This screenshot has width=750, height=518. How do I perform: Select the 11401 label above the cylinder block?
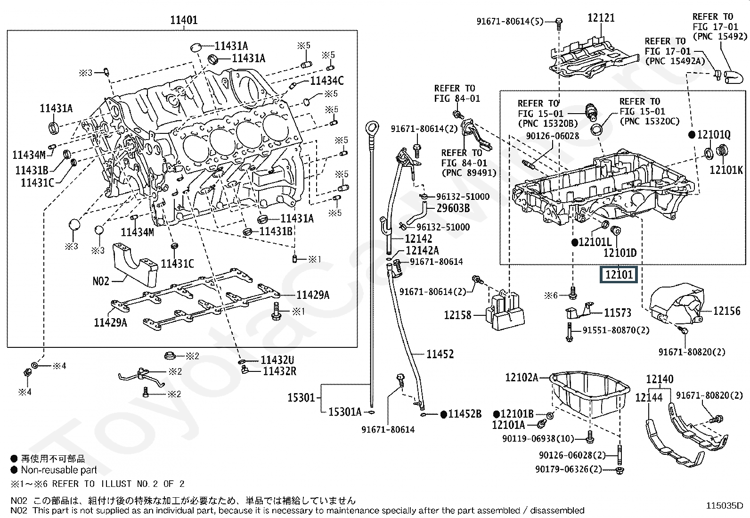pos(184,20)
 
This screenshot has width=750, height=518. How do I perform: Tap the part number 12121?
pos(601,18)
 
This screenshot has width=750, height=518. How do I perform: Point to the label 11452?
pos(440,354)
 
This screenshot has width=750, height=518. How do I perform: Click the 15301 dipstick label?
pos(301,398)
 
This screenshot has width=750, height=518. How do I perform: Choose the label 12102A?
pos(521,377)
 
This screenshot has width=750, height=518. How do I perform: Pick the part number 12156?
pos(726,311)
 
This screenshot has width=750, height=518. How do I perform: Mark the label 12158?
pos(457,315)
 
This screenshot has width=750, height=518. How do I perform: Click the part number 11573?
pos(618,312)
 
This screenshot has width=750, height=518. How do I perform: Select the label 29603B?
pos(453,208)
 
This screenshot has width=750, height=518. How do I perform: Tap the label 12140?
pos(660,379)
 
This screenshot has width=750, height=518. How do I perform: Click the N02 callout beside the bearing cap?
pos(101,281)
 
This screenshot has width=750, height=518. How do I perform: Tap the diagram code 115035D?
pos(724,506)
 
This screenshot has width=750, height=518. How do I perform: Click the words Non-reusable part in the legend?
pos(59,470)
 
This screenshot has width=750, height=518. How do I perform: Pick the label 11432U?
pos(277,361)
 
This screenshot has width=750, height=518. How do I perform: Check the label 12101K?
pos(726,170)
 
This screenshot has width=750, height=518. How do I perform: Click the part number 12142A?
pos(422,251)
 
